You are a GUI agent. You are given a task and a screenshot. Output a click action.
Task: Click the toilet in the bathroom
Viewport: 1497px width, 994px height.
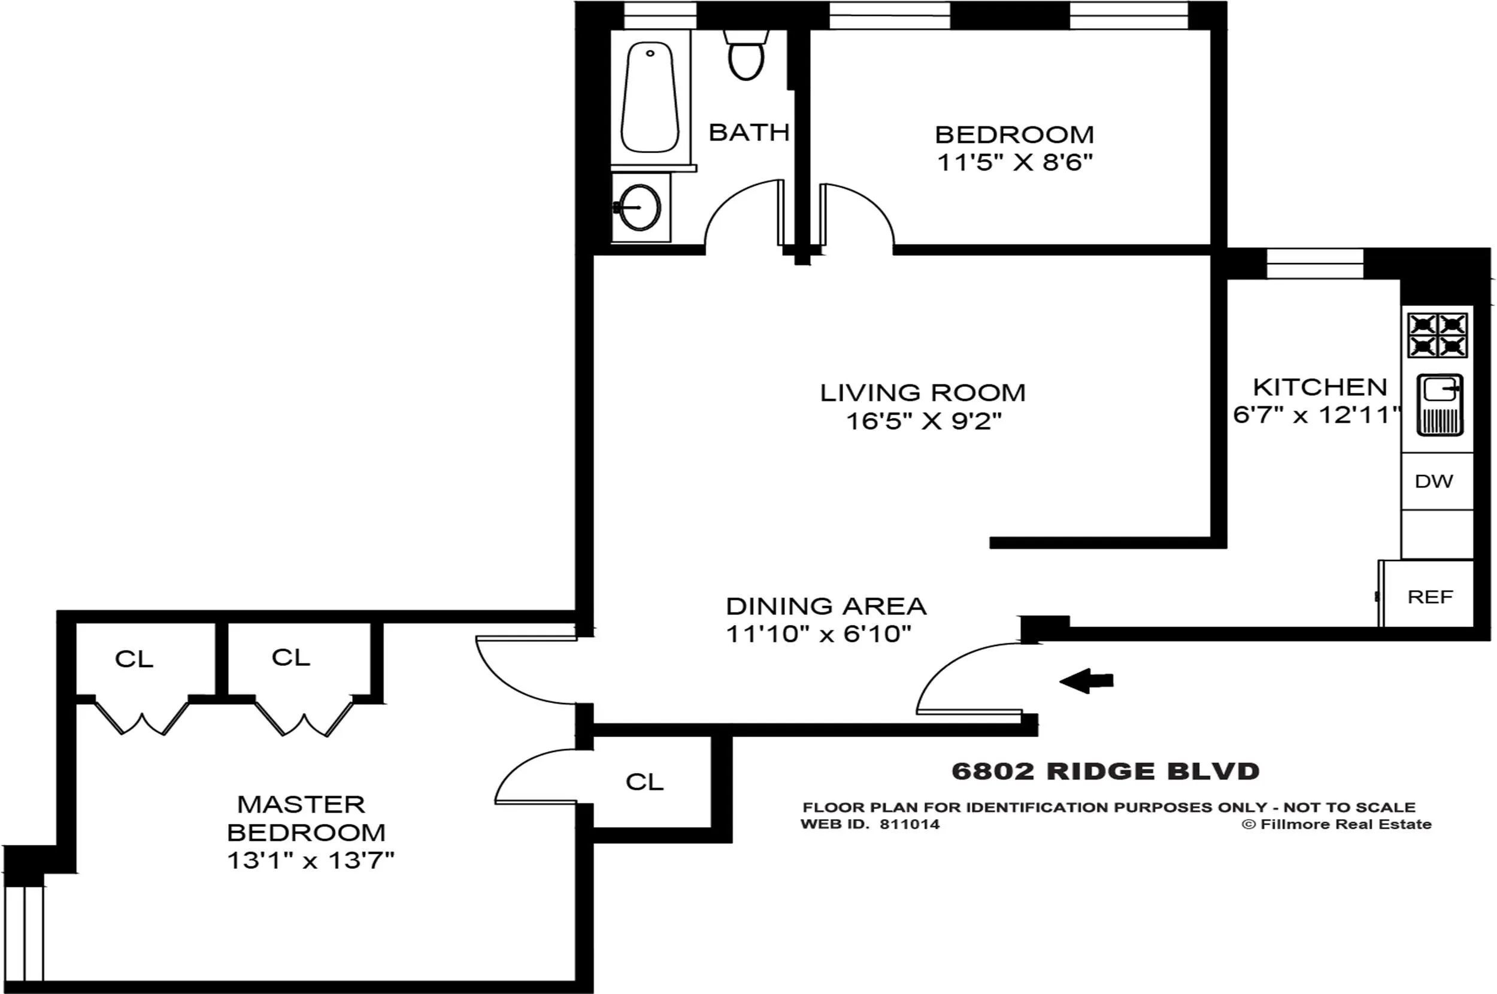tap(746, 56)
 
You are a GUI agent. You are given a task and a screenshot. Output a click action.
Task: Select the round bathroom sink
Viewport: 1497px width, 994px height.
tap(640, 207)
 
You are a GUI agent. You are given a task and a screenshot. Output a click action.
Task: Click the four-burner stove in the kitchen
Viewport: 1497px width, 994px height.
tap(1437, 335)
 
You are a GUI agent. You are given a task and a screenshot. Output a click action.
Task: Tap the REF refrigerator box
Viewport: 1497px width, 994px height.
tap(1430, 596)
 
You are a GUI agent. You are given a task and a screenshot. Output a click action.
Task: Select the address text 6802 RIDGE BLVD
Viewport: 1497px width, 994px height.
tap(1105, 771)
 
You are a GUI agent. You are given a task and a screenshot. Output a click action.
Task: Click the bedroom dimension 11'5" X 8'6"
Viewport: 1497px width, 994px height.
tap(1015, 163)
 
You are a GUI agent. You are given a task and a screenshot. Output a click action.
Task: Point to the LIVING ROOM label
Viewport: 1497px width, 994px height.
tap(922, 393)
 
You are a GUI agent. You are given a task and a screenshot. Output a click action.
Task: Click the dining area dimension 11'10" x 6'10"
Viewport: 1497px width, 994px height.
tap(818, 634)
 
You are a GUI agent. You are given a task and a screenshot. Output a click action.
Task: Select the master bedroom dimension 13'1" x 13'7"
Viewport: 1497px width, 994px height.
tap(311, 860)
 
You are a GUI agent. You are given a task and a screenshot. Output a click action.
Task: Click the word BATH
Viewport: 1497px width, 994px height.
tap(748, 132)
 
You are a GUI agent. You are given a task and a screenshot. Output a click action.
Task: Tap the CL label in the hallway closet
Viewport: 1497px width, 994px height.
tap(644, 782)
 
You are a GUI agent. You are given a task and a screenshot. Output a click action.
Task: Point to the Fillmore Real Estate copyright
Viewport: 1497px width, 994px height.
tap(1337, 825)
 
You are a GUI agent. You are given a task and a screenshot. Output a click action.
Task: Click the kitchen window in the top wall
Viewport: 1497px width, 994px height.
tap(1314, 263)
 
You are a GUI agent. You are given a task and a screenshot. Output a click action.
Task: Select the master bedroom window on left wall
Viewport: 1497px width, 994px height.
tap(24, 932)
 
